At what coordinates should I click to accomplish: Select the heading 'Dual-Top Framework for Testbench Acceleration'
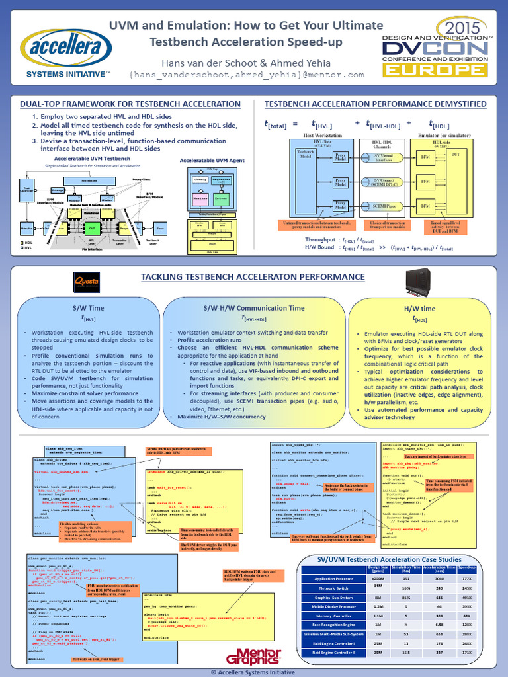click(x=130, y=104)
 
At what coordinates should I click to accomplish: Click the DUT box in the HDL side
click(x=455, y=154)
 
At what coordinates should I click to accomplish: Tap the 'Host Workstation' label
click(x=322, y=135)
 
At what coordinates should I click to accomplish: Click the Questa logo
click(x=87, y=284)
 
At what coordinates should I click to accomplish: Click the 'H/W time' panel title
click(x=419, y=309)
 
